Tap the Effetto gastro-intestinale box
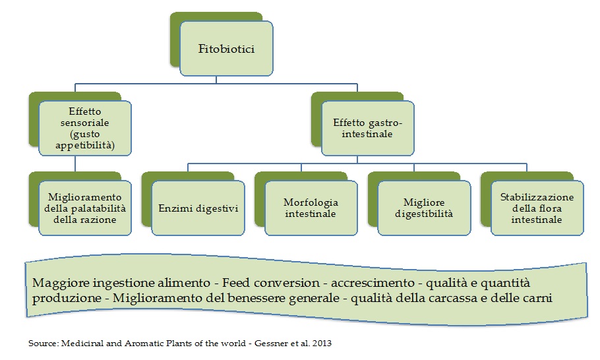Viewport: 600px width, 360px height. [367, 128]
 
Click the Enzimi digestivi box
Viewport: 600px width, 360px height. [198, 208]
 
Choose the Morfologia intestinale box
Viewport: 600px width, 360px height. [310, 208]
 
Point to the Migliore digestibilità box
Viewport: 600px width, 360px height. [423, 208]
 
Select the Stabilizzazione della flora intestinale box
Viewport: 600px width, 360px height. [537, 208]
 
